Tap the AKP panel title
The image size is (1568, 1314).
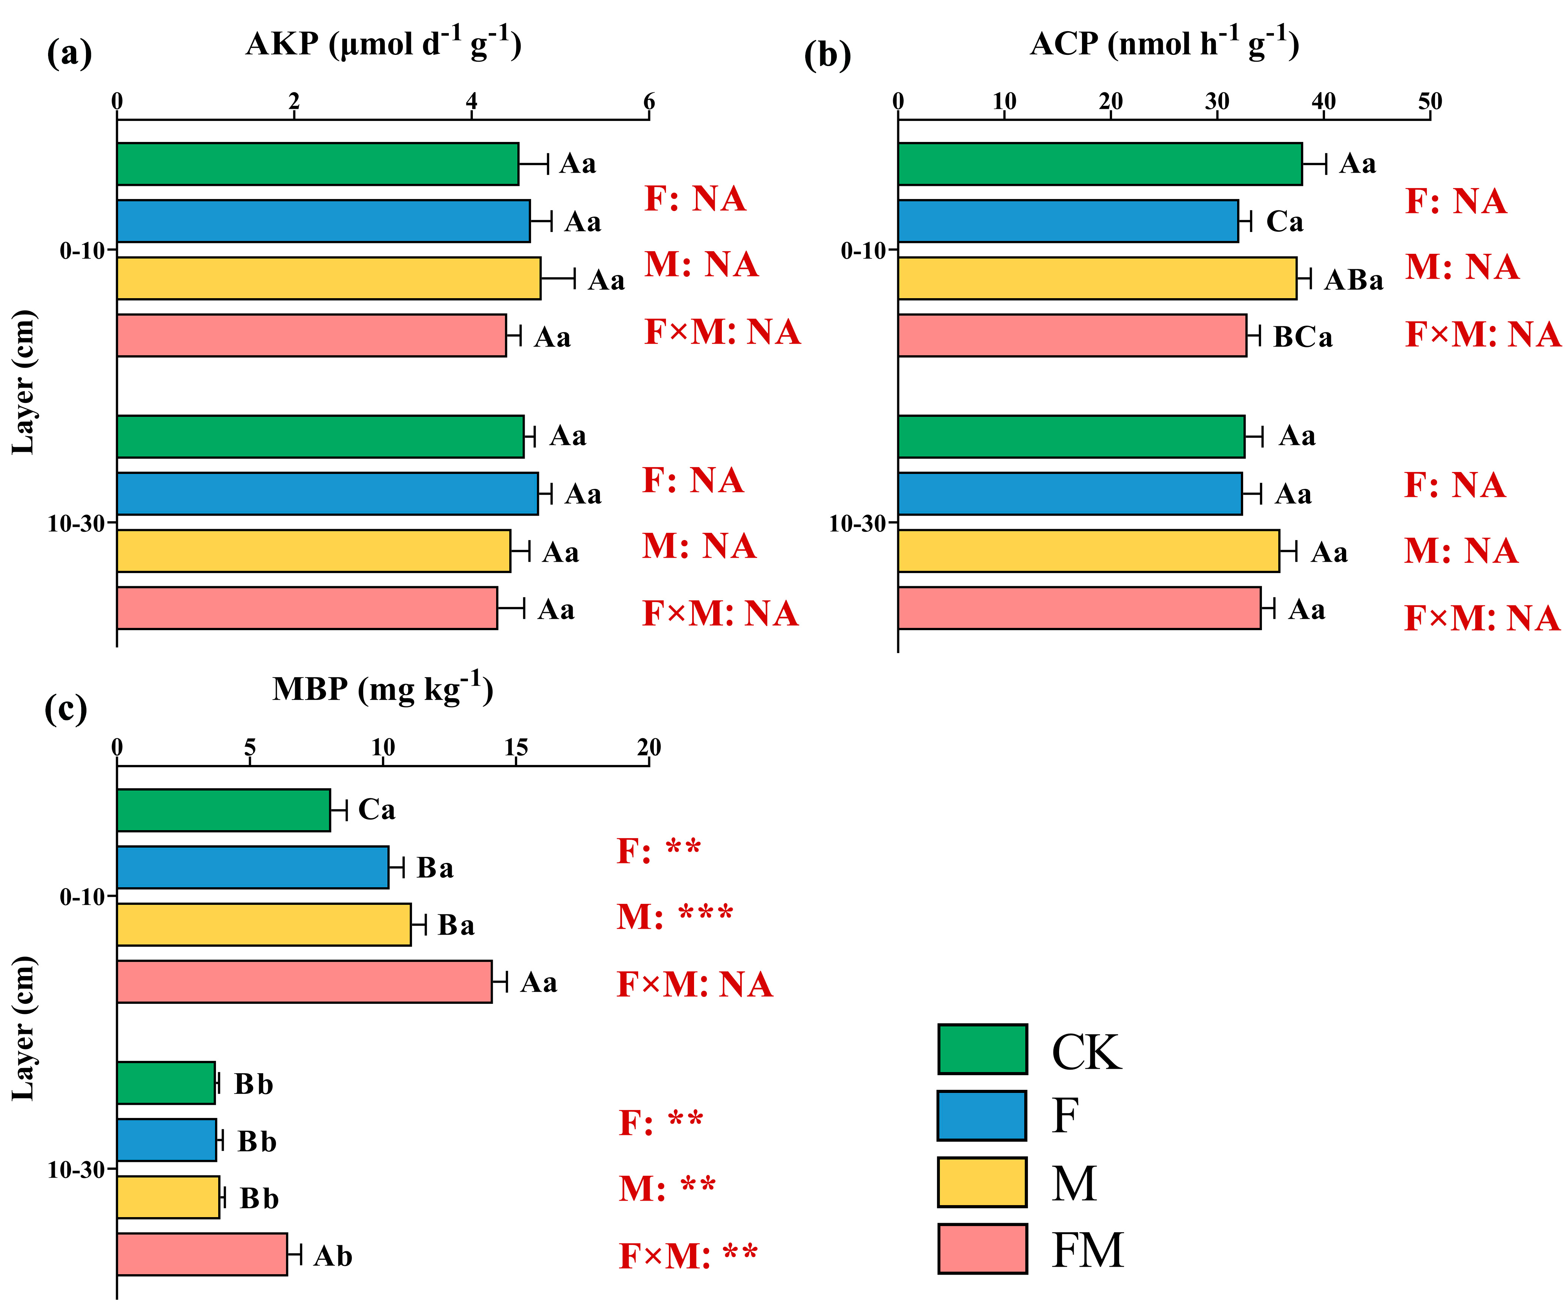pyautogui.click(x=383, y=43)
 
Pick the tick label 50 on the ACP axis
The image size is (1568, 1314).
pyautogui.click(x=1430, y=101)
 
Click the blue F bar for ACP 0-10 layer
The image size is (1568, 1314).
pyautogui.click(x=1068, y=221)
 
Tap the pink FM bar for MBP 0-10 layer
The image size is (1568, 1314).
pyautogui.click(x=304, y=981)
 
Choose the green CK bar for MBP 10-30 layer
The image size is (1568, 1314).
pyautogui.click(x=166, y=1083)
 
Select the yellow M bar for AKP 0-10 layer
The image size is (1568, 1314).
pyautogui.click(x=329, y=279)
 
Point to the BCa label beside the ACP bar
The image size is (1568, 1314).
pyautogui.click(x=1302, y=337)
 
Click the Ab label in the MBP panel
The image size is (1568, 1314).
pyautogui.click(x=332, y=1256)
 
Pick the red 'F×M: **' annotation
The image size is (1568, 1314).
pyautogui.click(x=688, y=1256)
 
